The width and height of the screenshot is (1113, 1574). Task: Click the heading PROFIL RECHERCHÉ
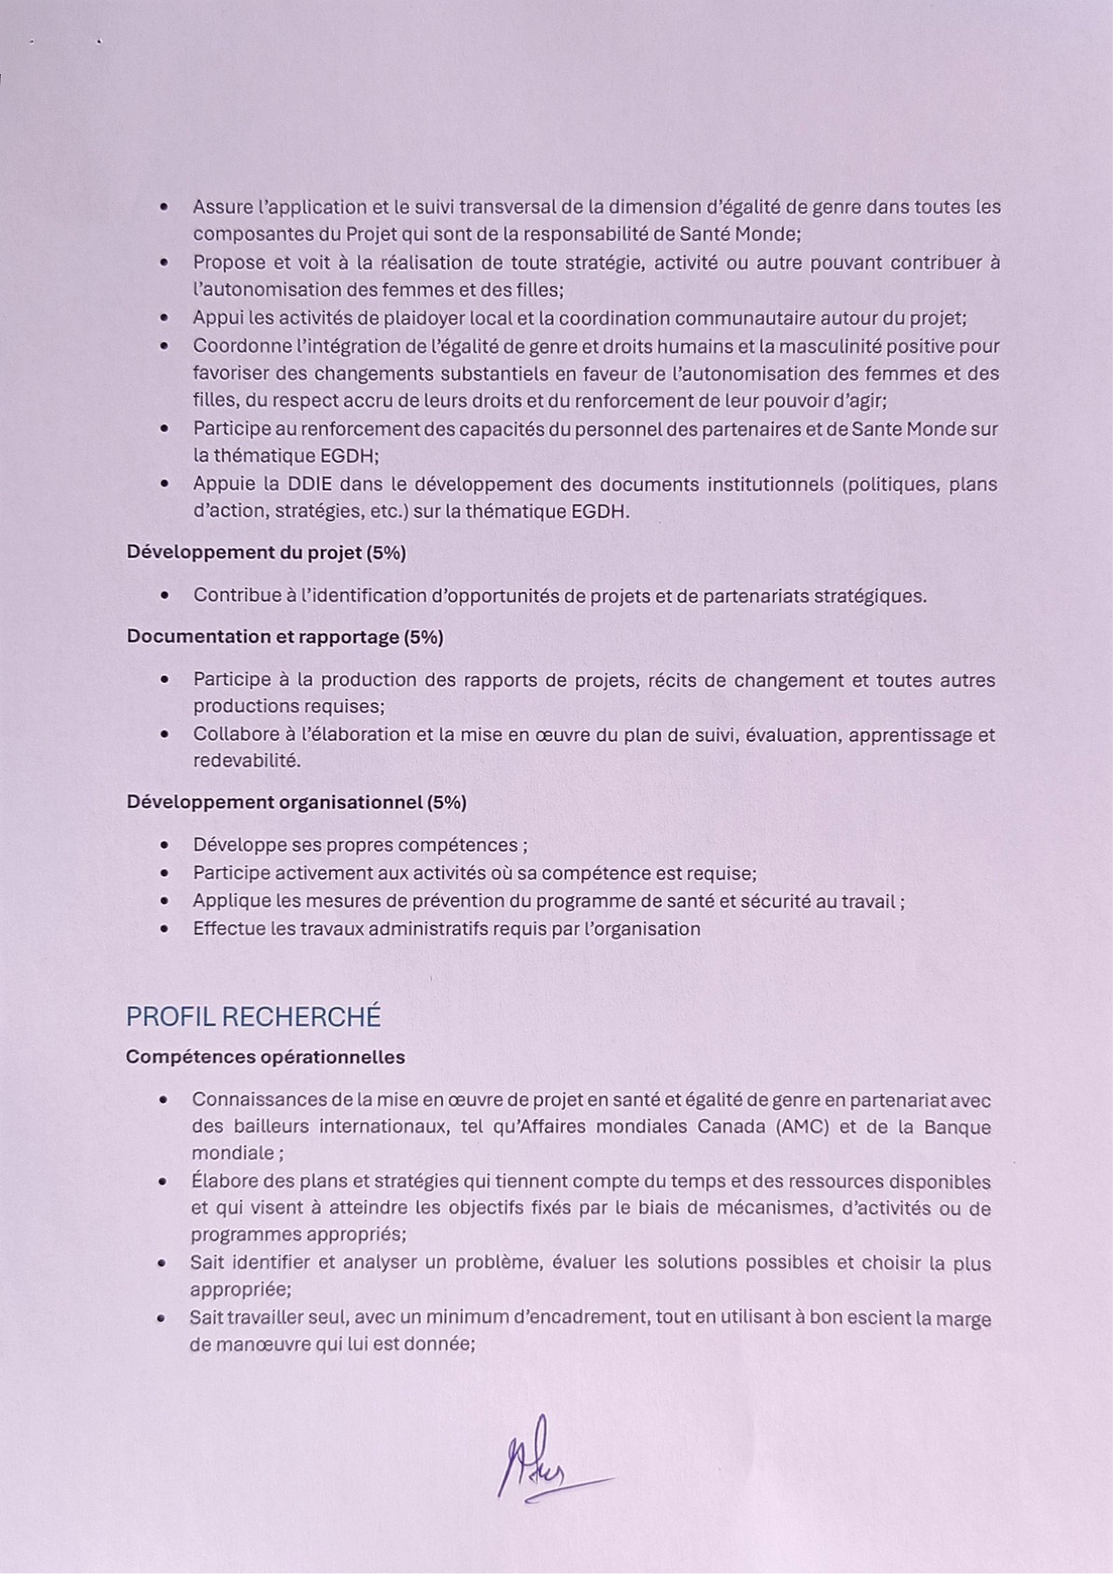tap(253, 1017)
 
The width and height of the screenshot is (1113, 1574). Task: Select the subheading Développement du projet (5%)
tap(266, 553)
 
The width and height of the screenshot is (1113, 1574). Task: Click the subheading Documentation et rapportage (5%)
tap(284, 637)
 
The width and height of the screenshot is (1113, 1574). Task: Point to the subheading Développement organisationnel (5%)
tap(296, 803)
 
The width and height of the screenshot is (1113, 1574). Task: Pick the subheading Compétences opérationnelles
tap(265, 1058)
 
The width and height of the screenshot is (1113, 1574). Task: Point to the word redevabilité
tap(246, 762)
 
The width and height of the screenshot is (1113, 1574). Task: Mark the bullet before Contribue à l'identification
tap(164, 596)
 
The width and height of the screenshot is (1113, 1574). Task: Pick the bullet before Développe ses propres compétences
tap(164, 845)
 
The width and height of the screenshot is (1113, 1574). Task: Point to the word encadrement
tap(593, 1318)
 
